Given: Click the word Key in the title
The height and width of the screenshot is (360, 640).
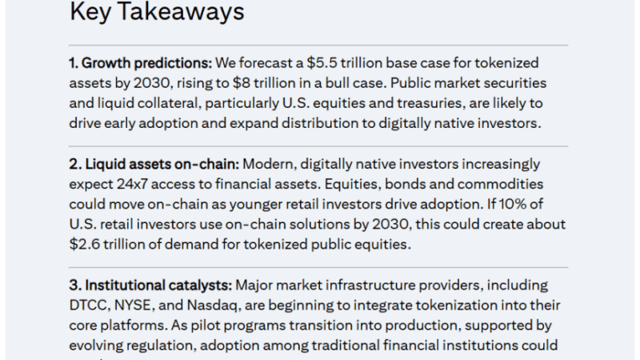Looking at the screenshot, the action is pos(90,12).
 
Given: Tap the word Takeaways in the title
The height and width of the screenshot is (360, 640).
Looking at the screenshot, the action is pos(181,11).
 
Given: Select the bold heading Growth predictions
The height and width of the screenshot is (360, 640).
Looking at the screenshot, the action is pos(146,63).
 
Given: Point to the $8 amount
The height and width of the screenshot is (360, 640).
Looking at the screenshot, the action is pos(242,83).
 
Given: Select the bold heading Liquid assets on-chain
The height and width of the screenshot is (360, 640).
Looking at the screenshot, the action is pos(162,164).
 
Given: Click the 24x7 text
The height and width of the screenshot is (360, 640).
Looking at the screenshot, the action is pos(132,184).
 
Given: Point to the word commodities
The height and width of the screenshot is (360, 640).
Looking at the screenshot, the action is pos(500,184).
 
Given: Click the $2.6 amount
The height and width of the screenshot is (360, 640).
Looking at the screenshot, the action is pos(85,244).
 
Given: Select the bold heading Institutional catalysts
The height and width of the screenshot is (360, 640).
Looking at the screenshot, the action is pos(158,286).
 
